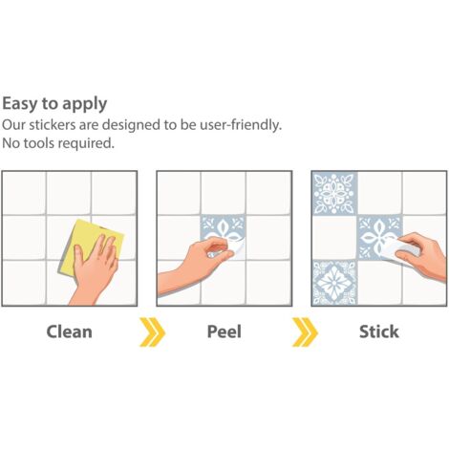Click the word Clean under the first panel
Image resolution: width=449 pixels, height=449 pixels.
pos(70,331)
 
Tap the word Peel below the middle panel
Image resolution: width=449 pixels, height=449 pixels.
pos(224,331)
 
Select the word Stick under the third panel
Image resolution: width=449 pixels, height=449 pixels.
pos(379,331)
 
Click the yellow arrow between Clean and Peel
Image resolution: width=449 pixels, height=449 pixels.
pos(152,331)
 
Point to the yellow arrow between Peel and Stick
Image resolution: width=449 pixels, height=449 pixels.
pos(305,331)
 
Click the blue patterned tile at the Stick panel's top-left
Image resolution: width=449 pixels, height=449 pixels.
pos(334,193)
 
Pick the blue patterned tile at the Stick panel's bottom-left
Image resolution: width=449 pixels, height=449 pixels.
pos(334,283)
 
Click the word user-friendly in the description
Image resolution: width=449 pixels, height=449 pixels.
pos(241,125)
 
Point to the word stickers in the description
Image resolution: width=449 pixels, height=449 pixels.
pos(53,125)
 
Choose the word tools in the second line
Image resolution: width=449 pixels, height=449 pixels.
pos(39,143)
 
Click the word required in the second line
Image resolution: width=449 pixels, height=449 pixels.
pos(86,144)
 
